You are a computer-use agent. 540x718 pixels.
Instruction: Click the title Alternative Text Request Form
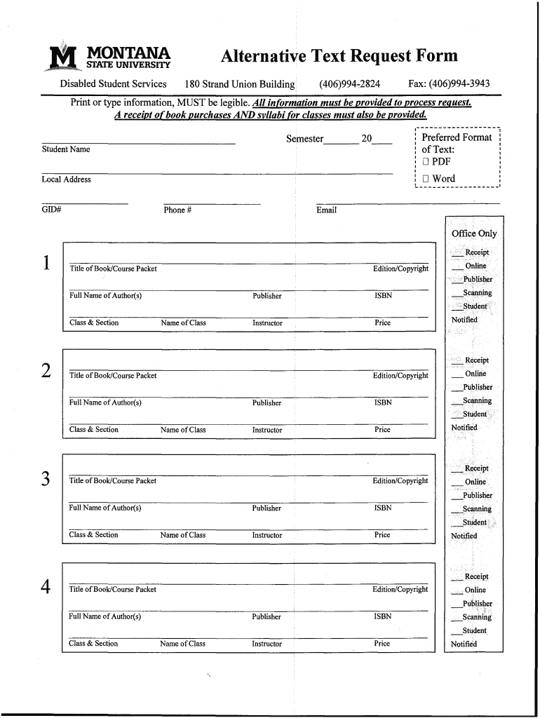point(339,55)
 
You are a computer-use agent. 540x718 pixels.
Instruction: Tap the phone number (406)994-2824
point(349,84)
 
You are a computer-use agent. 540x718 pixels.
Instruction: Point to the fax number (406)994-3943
point(449,84)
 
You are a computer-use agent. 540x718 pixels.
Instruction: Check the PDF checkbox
point(425,162)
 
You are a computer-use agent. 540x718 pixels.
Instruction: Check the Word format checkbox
point(425,178)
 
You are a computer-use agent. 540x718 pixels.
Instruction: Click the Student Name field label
point(66,149)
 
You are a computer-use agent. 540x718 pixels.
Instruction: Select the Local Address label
point(66,179)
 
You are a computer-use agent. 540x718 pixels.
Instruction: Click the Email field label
point(326,210)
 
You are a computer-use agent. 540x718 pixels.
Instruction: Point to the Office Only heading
point(474,233)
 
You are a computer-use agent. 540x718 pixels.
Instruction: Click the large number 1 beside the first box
point(46,263)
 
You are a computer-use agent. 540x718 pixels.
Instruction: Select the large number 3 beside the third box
point(46,479)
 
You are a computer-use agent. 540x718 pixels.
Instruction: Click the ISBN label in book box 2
point(383,402)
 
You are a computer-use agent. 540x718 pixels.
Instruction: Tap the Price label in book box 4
point(382,643)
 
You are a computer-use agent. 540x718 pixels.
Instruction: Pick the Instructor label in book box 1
point(267,323)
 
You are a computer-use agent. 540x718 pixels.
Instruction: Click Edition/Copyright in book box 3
point(400,481)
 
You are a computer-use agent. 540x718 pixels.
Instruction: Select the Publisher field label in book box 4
point(266,617)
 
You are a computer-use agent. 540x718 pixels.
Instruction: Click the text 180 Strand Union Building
point(239,84)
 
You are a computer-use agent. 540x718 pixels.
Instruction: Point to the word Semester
point(304,139)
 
